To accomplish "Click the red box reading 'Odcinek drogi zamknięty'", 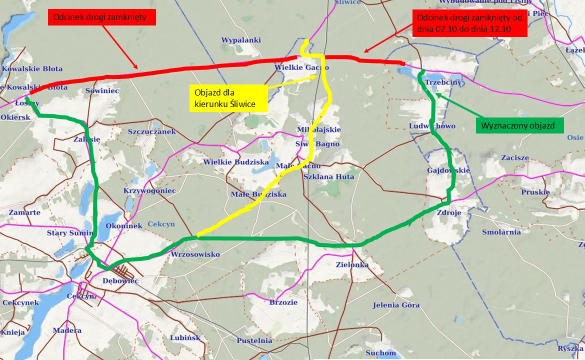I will [102, 18].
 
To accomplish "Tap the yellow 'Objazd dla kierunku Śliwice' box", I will [227, 97].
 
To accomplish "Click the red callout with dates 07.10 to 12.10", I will [470, 23].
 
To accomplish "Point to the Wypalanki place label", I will [241, 40].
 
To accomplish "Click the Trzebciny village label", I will [443, 82].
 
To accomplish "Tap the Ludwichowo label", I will [432, 126].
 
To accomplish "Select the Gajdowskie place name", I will [448, 170].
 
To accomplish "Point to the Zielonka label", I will [352, 264].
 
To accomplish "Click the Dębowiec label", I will [120, 281].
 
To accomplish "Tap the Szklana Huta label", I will [329, 177].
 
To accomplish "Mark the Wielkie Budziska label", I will [236, 162].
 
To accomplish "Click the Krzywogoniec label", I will [149, 191].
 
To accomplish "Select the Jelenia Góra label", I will [396, 305].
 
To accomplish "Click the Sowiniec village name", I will [102, 91].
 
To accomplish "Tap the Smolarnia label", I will [501, 232].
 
